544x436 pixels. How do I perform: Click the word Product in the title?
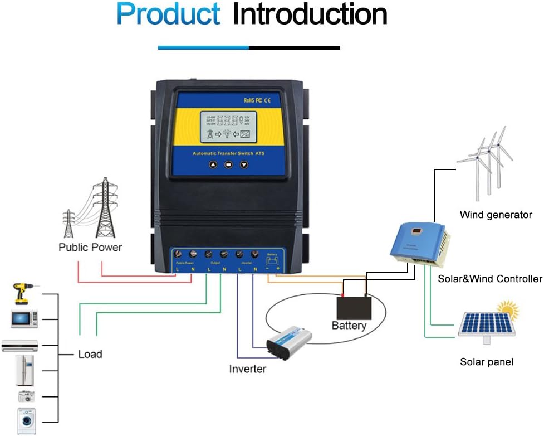168,14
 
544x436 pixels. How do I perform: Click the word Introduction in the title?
310,14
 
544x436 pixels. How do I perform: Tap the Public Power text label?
90,247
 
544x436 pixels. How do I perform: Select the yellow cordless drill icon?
22,293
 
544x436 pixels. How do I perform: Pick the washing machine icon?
26,421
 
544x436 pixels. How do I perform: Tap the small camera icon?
26,396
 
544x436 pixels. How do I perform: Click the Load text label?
90,354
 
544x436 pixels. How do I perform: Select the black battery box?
354,307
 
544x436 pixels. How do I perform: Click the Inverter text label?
247,369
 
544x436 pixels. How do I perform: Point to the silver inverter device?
288,341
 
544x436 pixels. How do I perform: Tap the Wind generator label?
496,215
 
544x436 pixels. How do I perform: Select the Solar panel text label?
487,362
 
